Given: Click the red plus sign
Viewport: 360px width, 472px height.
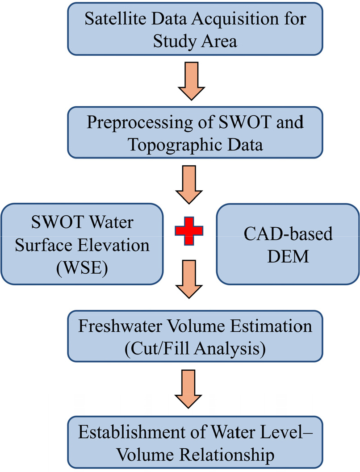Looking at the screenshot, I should pos(188,230).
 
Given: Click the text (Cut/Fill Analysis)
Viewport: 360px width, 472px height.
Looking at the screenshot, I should pos(188,348).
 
